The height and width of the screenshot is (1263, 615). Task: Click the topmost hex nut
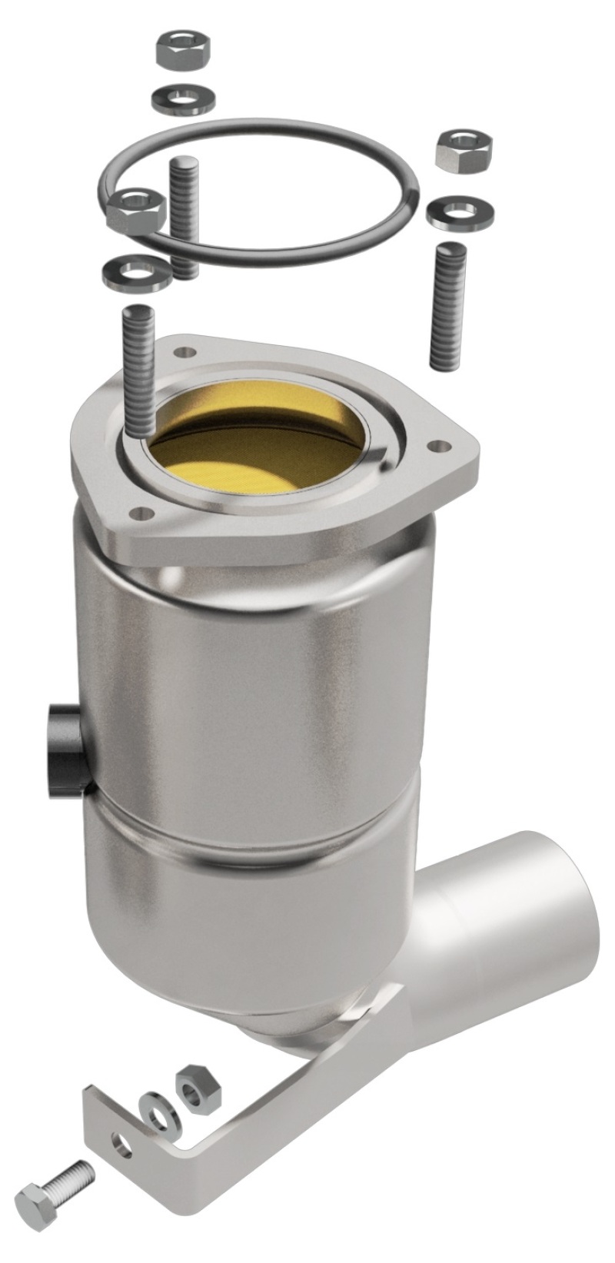pos(182,50)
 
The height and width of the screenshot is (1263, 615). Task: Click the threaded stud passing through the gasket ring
pos(183,215)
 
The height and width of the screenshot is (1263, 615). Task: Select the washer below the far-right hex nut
pos(460,211)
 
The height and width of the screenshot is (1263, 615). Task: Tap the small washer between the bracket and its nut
pos(158,1112)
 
